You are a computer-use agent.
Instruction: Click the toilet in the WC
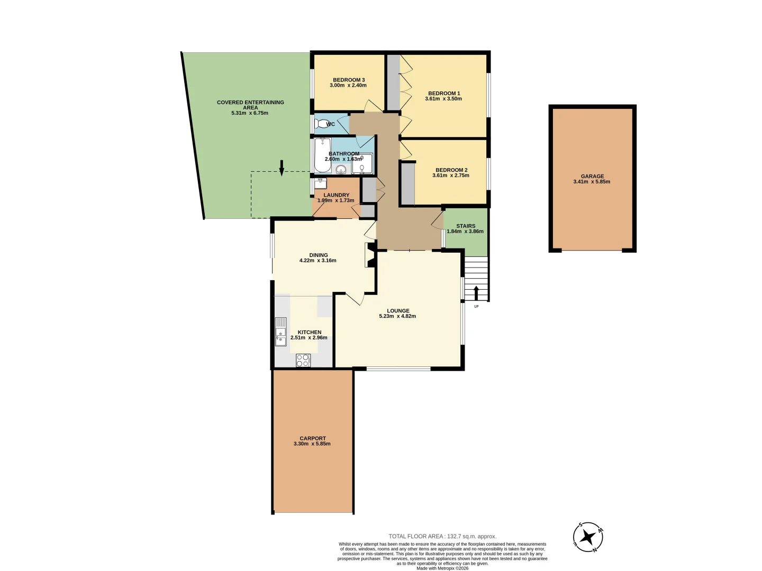pyautogui.click(x=321, y=124)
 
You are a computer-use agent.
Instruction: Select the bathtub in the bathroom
pyautogui.click(x=322, y=155)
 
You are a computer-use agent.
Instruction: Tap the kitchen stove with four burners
pyautogui.click(x=303, y=361)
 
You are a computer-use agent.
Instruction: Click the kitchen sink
pyautogui.click(x=280, y=332)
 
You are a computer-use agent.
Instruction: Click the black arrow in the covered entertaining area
pyautogui.click(x=282, y=167)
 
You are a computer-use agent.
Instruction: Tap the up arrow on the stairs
pyautogui.click(x=476, y=292)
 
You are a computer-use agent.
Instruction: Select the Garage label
pyautogui.click(x=592, y=176)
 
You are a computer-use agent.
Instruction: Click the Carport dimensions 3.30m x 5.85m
pyautogui.click(x=312, y=444)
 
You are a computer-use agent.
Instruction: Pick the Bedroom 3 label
pyautogui.click(x=349, y=80)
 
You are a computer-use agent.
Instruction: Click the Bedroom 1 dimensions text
pyautogui.click(x=443, y=99)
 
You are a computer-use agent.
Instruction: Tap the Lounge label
pyautogui.click(x=398, y=311)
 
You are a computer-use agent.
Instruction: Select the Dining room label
pyautogui.click(x=319, y=255)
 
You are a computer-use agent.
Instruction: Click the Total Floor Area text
pyautogui.click(x=442, y=536)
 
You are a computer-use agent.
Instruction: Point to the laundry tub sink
pyautogui.click(x=320, y=183)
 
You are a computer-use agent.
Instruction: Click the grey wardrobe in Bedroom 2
pyautogui.click(x=407, y=184)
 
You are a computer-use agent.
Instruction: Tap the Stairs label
pyautogui.click(x=466, y=226)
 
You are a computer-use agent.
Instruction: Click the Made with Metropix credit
pyautogui.click(x=442, y=568)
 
